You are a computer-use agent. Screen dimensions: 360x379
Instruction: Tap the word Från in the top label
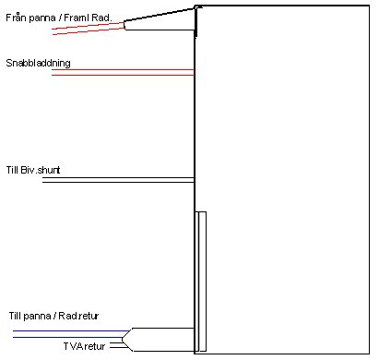[x=16, y=17]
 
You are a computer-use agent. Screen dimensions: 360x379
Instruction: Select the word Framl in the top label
[x=91, y=17]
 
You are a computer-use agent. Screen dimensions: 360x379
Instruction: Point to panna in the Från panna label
[x=44, y=17]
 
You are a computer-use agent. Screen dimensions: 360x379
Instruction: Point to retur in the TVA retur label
[x=98, y=346]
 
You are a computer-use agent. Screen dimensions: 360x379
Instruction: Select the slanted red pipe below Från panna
[x=88, y=28]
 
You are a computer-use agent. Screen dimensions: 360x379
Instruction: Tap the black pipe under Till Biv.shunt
[x=120, y=179]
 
